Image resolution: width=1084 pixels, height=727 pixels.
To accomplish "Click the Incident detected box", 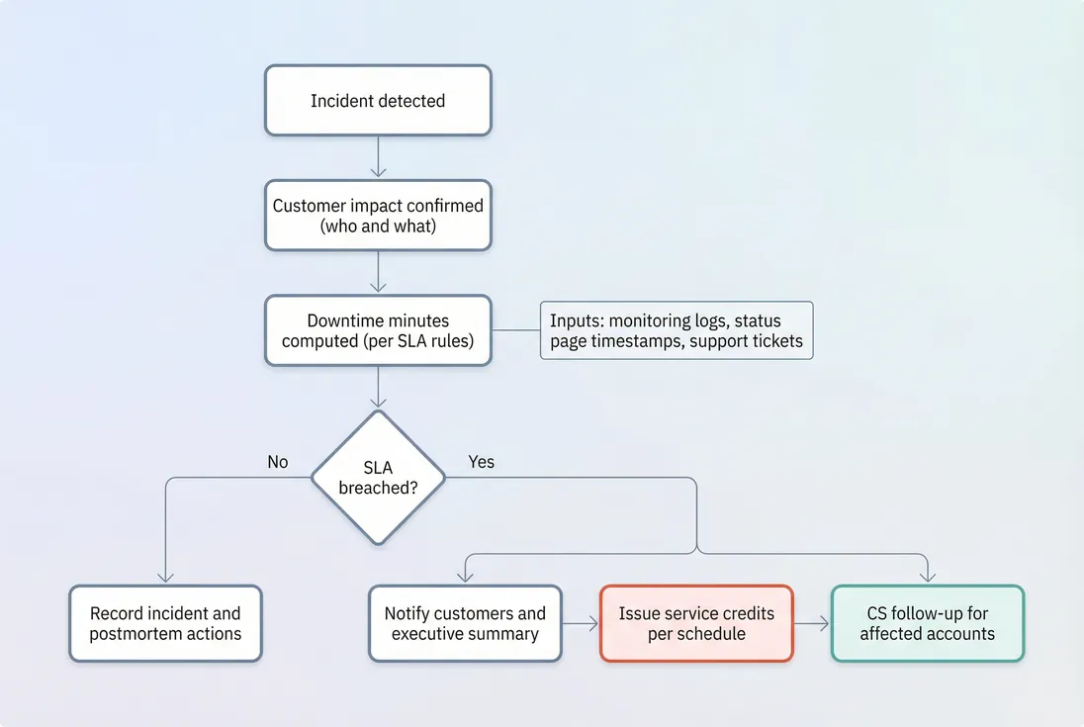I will click(378, 101).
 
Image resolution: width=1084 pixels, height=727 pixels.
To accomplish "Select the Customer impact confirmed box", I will click(378, 216).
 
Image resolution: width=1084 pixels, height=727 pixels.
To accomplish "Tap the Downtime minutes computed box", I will click(378, 331).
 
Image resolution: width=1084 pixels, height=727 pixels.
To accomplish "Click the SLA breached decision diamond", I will click(378, 478).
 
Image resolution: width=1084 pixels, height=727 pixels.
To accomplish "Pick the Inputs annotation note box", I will click(677, 331).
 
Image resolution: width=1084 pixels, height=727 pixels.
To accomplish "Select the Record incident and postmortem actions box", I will click(165, 624).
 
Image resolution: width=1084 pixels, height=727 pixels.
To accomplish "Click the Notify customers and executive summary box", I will click(465, 624).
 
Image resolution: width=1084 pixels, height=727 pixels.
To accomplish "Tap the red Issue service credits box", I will click(696, 624).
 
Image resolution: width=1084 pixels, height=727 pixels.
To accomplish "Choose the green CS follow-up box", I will click(927, 624).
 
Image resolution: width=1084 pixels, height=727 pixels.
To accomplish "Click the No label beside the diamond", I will click(278, 462).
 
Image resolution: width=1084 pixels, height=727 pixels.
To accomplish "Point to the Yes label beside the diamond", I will click(481, 462).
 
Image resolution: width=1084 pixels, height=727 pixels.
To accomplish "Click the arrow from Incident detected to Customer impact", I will click(378, 156).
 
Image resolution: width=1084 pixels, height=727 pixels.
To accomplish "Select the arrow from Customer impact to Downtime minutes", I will click(378, 272).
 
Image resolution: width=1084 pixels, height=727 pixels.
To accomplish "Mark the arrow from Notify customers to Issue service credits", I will click(581, 624).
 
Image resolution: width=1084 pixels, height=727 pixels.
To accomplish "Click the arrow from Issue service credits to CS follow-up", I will click(811, 624).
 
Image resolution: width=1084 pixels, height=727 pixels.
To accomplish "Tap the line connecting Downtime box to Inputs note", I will click(515, 330).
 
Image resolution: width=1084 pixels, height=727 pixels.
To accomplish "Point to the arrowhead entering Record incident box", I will click(165, 578).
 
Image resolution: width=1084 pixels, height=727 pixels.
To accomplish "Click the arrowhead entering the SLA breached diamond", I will click(378, 402).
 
